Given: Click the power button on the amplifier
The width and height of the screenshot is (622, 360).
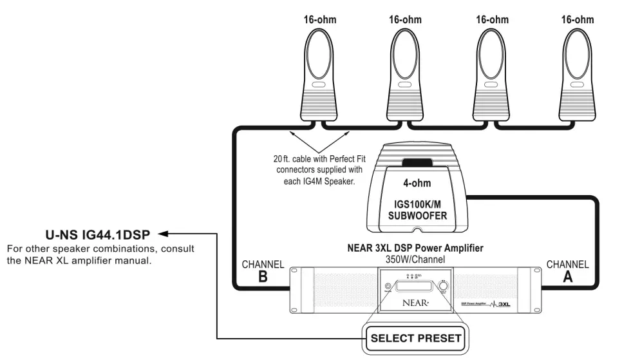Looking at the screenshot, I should [x=388, y=287].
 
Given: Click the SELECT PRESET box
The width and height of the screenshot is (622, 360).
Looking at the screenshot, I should [x=416, y=337].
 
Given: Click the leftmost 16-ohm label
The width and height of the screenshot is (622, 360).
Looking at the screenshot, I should [x=320, y=20].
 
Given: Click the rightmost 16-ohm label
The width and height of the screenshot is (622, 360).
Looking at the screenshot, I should [x=578, y=20].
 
